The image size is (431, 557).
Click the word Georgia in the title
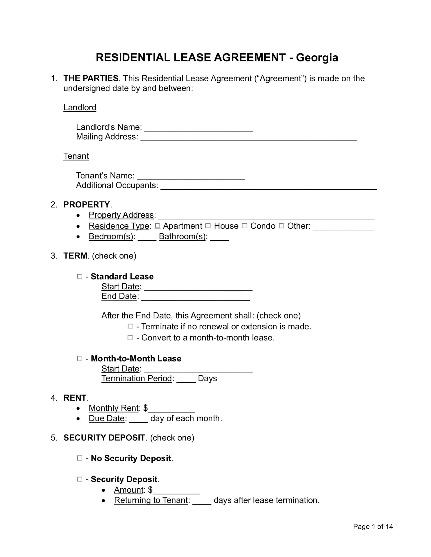(317, 58)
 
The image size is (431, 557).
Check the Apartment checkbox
(158, 226)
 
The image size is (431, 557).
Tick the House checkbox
(208, 226)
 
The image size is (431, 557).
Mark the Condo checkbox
(244, 226)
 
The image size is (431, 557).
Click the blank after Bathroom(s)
(220, 237)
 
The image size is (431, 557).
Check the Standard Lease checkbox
(80, 276)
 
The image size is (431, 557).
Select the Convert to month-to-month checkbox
(130, 338)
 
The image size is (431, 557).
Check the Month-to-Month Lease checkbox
(80, 359)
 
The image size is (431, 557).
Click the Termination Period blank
(186, 379)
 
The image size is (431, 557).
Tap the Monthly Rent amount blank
(172, 409)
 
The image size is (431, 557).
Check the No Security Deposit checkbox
(80, 458)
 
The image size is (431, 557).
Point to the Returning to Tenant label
(151, 500)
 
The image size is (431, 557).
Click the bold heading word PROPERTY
(87, 205)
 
